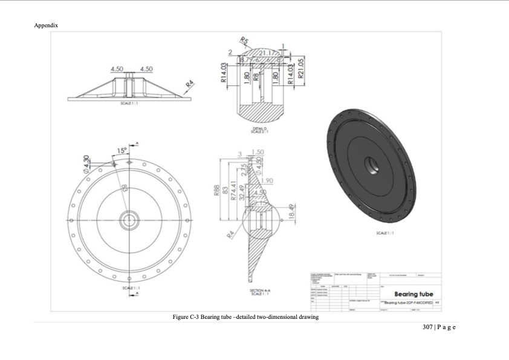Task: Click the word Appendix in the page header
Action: tap(47, 25)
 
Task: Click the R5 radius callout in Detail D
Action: tap(245, 41)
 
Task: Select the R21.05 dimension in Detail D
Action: tap(300, 72)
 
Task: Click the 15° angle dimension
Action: tap(123, 150)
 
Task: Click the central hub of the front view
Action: tap(129, 221)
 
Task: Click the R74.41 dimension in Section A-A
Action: tap(234, 192)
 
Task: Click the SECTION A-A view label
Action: tap(261, 291)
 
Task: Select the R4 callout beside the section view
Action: tap(230, 234)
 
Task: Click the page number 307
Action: tap(428, 327)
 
